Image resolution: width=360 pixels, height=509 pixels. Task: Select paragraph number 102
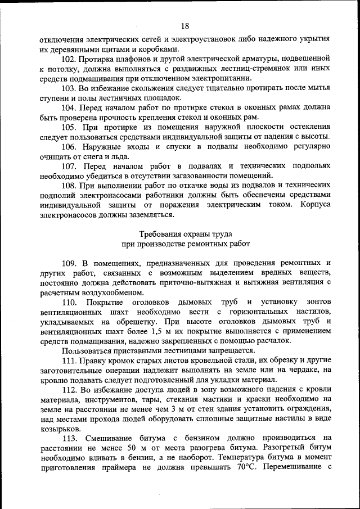click(x=70, y=58)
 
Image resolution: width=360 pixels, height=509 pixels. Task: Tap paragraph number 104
click(x=70, y=107)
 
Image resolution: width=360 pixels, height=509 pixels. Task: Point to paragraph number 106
click(x=70, y=146)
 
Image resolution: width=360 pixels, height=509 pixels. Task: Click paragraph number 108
click(x=70, y=185)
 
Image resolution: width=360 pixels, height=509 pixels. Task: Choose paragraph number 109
click(x=70, y=263)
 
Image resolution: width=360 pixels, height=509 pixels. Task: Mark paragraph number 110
click(x=70, y=302)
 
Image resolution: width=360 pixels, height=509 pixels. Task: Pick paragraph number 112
click(x=70, y=390)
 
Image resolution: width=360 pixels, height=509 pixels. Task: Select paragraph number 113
click(x=70, y=438)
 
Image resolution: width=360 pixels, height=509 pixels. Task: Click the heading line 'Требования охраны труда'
click(x=184, y=233)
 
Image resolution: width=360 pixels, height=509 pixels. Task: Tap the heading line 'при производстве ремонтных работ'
click(x=184, y=244)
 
